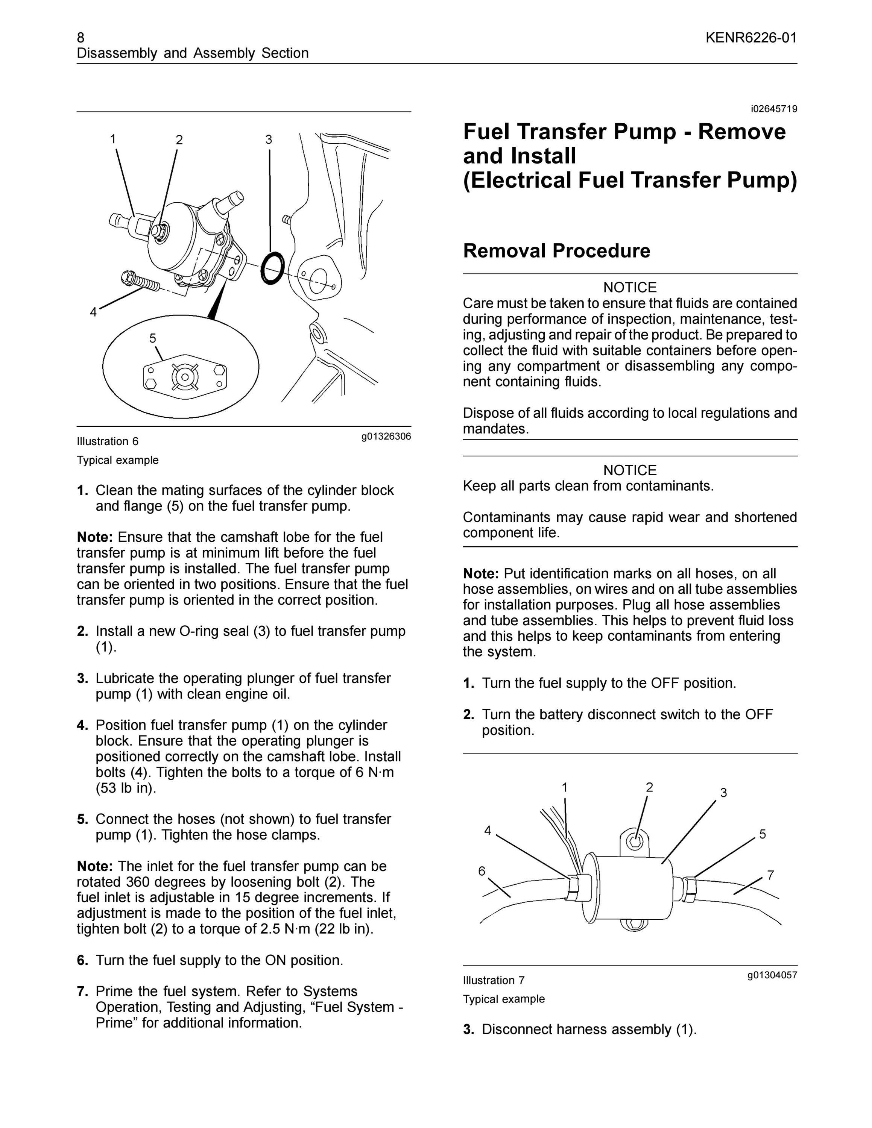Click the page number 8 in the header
click(x=81, y=38)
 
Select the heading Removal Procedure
click(x=556, y=251)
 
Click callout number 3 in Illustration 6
click(x=269, y=139)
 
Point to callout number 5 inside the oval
click(x=152, y=338)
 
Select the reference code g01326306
click(x=386, y=437)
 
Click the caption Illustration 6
click(x=108, y=441)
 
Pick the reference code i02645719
click(x=774, y=109)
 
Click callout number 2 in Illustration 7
click(x=649, y=787)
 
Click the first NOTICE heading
click(x=630, y=287)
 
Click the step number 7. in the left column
click(x=83, y=991)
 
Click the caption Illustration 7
click(x=494, y=980)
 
